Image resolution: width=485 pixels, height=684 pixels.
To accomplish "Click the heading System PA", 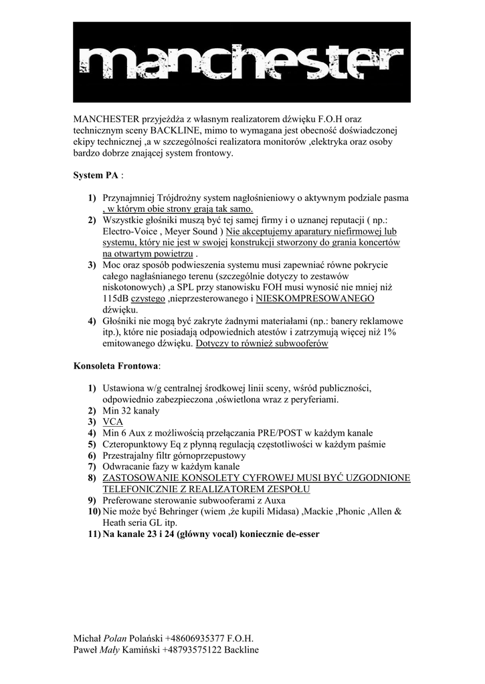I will pos(96,176).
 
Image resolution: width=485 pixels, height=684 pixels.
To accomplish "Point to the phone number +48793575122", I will pos(194,649).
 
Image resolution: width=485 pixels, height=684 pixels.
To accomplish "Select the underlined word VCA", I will pos(113,422).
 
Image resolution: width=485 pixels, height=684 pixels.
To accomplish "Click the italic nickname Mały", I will pos(113,649).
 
